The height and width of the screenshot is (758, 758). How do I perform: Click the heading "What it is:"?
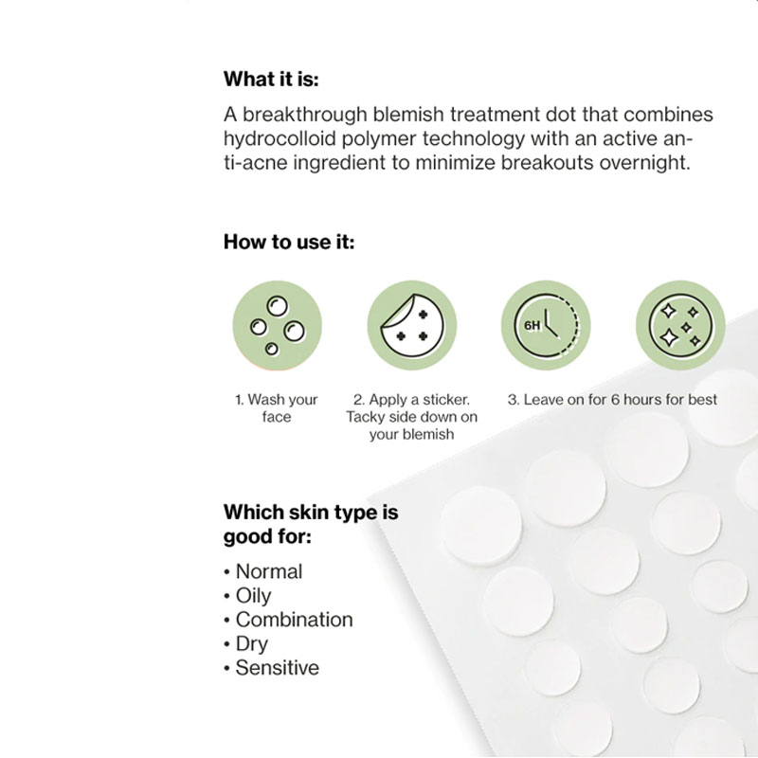(x=271, y=79)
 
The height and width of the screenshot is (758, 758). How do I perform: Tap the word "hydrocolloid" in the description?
(x=280, y=139)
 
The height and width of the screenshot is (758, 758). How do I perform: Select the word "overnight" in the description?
(x=644, y=163)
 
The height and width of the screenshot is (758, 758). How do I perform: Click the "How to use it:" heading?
(x=289, y=242)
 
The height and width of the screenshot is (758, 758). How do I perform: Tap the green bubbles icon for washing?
(x=277, y=325)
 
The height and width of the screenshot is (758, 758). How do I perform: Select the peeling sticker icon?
(x=412, y=325)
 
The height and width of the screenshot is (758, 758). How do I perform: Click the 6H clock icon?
(x=547, y=325)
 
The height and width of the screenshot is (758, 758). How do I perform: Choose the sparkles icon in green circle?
(x=680, y=325)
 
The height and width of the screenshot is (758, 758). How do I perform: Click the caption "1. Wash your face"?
(x=277, y=408)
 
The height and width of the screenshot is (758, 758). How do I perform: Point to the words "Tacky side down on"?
(x=412, y=417)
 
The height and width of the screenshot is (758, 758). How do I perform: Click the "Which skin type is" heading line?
(x=311, y=513)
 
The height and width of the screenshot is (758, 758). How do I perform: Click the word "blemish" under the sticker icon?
(x=428, y=434)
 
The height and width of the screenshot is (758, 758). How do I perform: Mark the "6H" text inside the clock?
(x=532, y=325)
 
